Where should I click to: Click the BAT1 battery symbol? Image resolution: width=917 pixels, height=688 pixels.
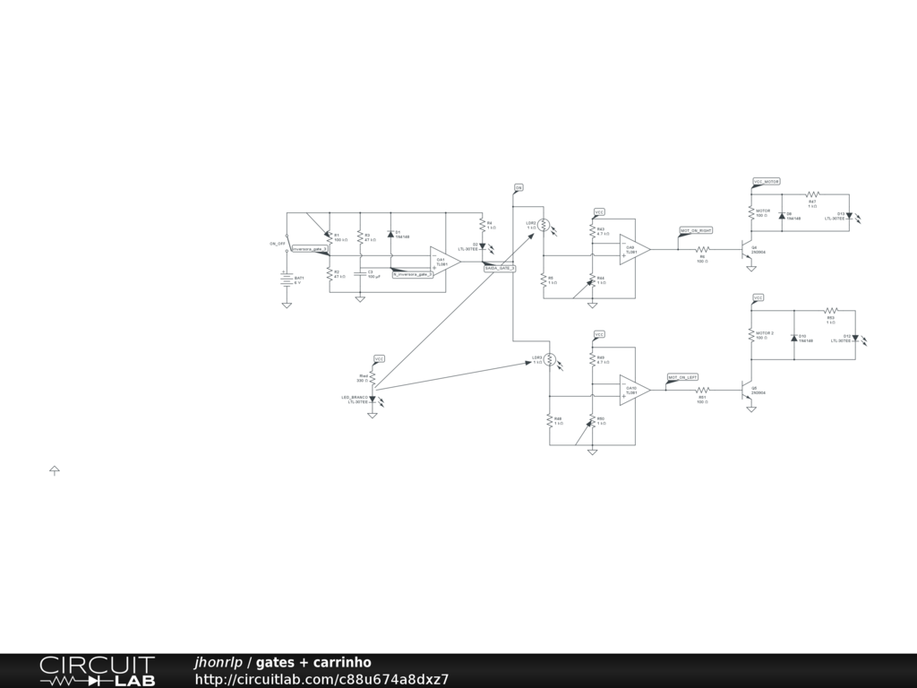coord(287,279)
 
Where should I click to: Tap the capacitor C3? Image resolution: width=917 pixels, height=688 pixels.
coord(360,272)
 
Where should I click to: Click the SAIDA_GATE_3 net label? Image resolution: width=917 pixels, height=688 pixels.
coord(500,269)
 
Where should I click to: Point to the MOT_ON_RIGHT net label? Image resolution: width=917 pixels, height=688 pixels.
coord(696,231)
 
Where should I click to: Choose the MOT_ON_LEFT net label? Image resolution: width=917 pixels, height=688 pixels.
coord(683,377)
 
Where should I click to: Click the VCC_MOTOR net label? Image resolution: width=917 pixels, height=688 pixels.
coord(767,182)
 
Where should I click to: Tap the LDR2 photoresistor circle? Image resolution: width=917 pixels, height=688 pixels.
coord(544,227)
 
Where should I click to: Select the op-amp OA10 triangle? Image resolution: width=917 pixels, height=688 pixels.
coord(634,391)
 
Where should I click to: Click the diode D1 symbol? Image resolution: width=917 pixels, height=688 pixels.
coord(390,234)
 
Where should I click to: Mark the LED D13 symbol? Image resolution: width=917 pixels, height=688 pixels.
coord(849,216)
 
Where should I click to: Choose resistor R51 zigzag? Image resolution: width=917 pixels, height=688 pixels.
coord(703,391)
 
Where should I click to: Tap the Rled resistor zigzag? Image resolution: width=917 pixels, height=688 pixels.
coord(373,377)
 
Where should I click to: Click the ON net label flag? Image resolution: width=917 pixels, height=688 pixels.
coord(518,187)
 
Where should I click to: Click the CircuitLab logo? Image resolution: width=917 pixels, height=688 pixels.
coord(97,671)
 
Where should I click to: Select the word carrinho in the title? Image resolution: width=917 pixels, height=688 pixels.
coord(342,663)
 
